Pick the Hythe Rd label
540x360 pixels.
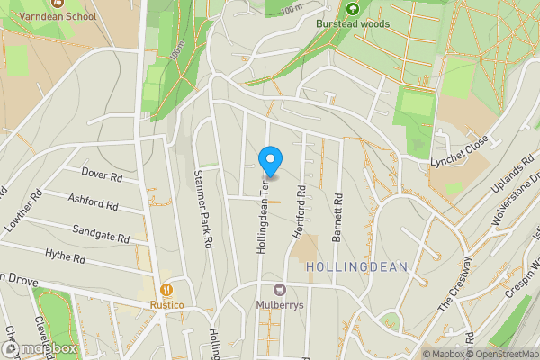tap(67, 258)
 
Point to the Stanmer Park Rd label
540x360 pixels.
tap(203, 210)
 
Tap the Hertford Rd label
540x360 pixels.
tap(301, 212)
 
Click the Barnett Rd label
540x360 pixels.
tap(337, 218)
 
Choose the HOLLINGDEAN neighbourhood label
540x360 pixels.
tap(357, 267)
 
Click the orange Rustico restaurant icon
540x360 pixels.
tap(166, 290)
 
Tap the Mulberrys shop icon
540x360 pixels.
tap(279, 290)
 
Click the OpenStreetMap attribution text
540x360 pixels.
tap(501, 354)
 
